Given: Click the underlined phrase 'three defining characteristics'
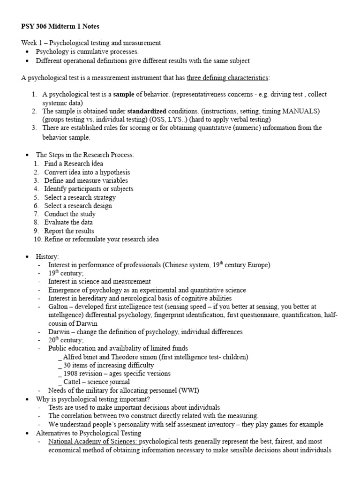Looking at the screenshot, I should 227,77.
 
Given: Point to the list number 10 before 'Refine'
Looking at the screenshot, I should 37,240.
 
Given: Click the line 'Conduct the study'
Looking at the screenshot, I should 70,214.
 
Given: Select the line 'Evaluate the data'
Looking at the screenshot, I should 68,223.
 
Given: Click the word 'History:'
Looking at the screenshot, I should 47,256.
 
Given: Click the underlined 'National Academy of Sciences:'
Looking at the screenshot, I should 93,442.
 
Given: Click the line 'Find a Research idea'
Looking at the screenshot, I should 74,164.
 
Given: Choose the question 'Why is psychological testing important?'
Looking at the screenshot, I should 93,399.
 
